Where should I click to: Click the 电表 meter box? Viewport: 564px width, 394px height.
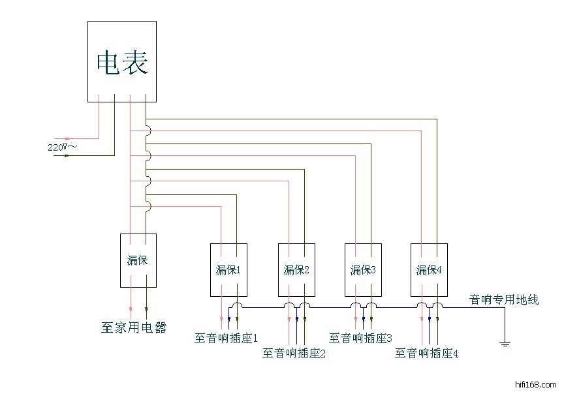[x=122, y=61]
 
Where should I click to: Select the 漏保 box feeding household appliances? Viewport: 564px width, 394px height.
[x=138, y=260]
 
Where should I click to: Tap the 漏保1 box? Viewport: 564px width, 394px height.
[x=228, y=269]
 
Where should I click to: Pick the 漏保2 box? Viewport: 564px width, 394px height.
[x=296, y=269]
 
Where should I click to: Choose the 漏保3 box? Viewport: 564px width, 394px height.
[x=363, y=269]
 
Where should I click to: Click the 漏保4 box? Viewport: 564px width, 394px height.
[x=429, y=269]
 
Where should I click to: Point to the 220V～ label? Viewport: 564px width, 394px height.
[x=62, y=147]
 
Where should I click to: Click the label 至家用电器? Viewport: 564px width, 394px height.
[x=133, y=327]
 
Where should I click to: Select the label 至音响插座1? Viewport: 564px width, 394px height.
[x=227, y=338]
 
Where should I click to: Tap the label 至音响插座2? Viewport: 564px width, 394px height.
[x=294, y=354]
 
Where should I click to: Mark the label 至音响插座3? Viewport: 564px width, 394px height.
[x=360, y=338]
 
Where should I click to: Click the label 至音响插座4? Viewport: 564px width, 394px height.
[x=426, y=354]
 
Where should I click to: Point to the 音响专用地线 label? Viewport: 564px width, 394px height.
[x=504, y=299]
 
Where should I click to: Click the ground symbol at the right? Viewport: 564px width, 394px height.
[x=505, y=342]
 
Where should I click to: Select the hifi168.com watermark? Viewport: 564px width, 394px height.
[x=535, y=384]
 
